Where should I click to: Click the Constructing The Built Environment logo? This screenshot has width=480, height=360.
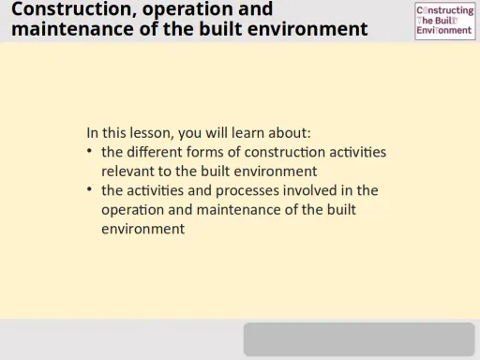pos(444,21)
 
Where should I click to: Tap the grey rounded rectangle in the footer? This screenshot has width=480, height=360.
pos(359,339)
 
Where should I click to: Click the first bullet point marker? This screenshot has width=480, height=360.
pos(89,152)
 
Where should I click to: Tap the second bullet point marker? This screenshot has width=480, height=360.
pos(89,190)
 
